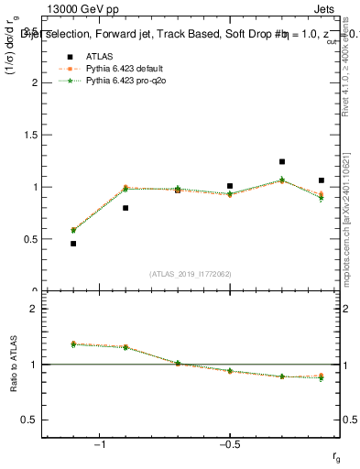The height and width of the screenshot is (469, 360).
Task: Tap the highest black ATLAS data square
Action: pyautogui.click(x=282, y=162)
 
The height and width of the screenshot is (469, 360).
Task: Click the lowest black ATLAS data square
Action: pyautogui.click(x=73, y=244)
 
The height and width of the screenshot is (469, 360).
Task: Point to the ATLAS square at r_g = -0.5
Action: pyautogui.click(x=230, y=186)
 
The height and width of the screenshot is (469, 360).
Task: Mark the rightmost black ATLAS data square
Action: pyautogui.click(x=322, y=180)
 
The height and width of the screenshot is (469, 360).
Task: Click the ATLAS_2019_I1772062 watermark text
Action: pyautogui.click(x=189, y=273)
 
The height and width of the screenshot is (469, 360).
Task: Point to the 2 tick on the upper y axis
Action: pyautogui.click(x=36, y=82)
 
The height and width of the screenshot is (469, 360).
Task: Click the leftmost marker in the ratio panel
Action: pyautogui.click(x=73, y=344)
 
